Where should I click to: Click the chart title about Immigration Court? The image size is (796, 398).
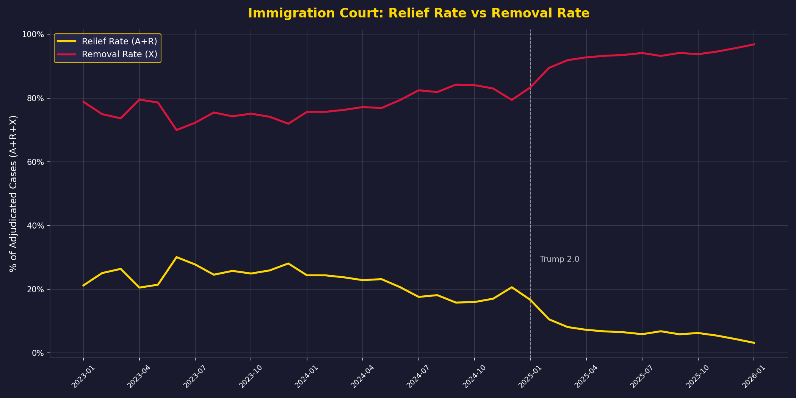tap(418, 14)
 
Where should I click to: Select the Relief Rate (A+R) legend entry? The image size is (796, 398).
tap(119, 41)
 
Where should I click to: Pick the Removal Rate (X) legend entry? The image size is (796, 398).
tap(119, 54)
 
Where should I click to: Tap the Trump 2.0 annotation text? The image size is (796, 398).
tap(559, 259)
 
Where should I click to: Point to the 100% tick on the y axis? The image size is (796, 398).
tap(33, 34)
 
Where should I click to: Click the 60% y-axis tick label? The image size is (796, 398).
tap(36, 162)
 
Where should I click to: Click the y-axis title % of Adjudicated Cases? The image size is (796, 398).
tap(14, 193)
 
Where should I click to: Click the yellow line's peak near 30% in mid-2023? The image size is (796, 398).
tap(176, 257)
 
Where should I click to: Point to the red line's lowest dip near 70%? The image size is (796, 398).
tap(176, 130)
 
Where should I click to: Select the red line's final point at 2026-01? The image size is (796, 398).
tap(754, 44)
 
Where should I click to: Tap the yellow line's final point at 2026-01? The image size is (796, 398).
tap(754, 343)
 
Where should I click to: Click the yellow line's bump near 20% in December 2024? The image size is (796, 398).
tap(512, 287)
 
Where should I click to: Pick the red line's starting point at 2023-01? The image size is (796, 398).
tap(83, 102)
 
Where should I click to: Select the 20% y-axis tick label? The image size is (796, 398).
tap(36, 289)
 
